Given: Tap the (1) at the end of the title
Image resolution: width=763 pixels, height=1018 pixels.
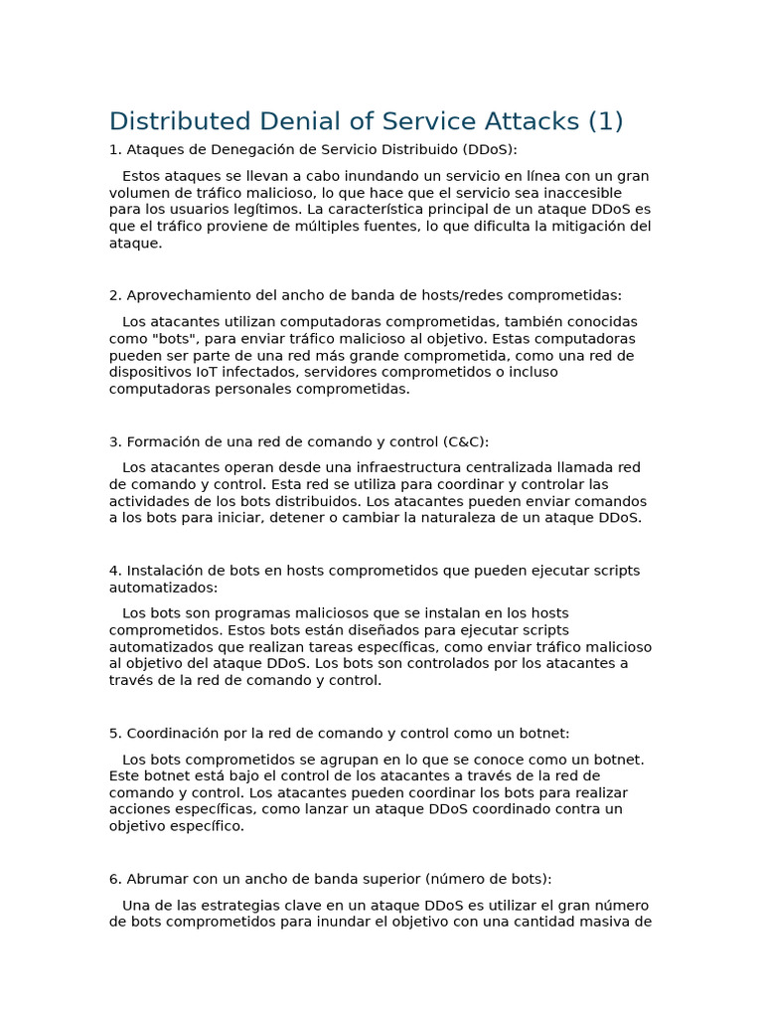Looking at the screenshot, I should (606, 121).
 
